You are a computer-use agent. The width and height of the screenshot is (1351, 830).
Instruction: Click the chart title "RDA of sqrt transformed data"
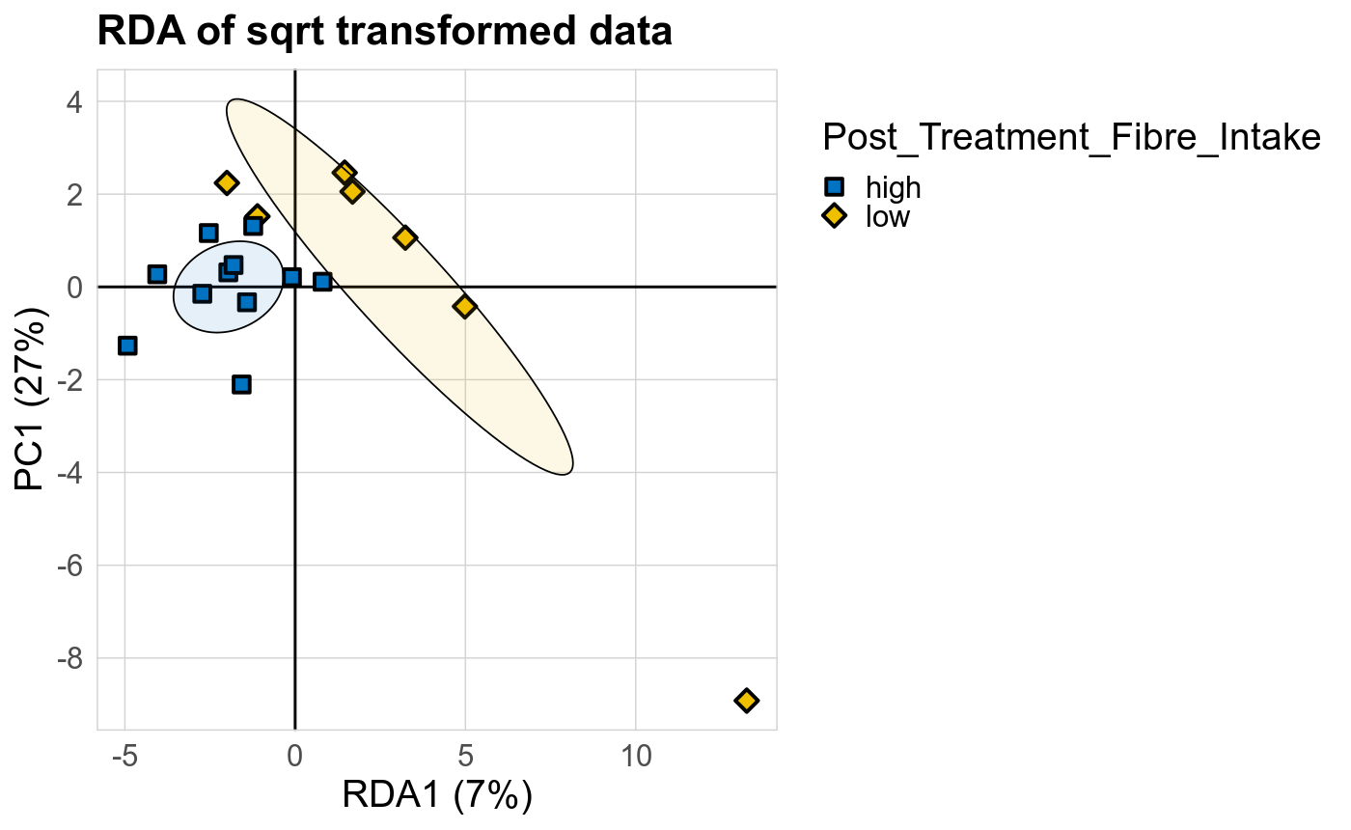[384, 33]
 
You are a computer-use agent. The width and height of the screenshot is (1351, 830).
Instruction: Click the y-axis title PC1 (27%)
[35, 400]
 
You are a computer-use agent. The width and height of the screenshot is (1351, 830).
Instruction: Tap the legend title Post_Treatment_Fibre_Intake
[1070, 138]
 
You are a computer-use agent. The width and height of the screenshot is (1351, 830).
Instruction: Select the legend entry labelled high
[893, 187]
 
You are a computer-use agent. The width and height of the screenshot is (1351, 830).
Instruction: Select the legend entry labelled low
[887, 216]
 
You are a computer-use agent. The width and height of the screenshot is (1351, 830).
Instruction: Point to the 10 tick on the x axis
[635, 756]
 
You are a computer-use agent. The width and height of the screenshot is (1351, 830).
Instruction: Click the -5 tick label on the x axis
[124, 756]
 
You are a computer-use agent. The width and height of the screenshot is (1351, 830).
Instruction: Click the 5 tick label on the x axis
[465, 756]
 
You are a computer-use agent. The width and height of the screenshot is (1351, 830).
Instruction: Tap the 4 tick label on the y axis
[75, 101]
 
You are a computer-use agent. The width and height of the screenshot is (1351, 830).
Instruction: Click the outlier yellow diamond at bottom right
[746, 700]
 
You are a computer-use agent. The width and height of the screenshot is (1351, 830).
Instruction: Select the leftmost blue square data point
[126, 346]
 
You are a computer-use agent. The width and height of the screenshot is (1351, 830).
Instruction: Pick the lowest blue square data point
[241, 384]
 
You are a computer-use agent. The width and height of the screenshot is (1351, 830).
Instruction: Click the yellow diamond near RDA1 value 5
[465, 306]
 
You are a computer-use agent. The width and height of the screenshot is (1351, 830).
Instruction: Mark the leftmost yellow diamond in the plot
[227, 182]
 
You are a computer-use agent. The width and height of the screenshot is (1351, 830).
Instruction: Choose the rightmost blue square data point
[322, 282]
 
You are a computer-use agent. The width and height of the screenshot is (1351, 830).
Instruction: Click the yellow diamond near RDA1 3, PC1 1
[405, 237]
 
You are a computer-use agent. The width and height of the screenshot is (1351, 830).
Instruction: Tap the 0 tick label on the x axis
[294, 756]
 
